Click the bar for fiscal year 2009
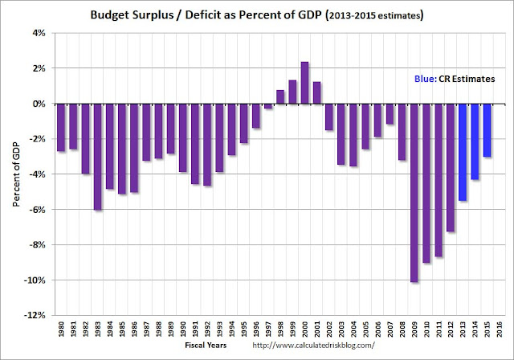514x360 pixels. click(414, 193)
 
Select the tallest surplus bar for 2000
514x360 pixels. click(305, 83)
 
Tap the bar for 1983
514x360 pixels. click(97, 157)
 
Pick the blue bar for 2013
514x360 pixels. click(463, 152)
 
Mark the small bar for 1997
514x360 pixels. click(268, 106)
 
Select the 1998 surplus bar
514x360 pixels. click(280, 96)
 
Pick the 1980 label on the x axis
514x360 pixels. click(61, 330)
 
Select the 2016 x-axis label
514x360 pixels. click(500, 330)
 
